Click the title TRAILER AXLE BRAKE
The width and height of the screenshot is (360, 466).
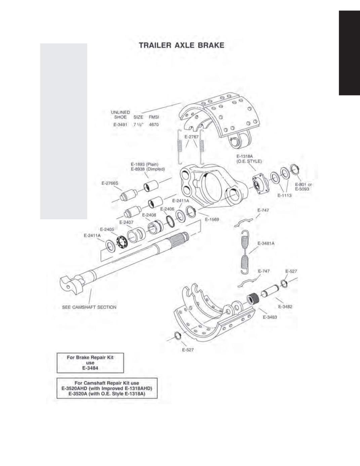click(x=182, y=45)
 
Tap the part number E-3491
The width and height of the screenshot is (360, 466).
click(x=120, y=124)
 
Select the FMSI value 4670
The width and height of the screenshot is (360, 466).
click(x=154, y=124)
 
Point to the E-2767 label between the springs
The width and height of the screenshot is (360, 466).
click(x=192, y=137)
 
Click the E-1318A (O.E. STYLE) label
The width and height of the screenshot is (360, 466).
click(x=249, y=159)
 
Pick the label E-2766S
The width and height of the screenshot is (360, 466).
click(x=110, y=183)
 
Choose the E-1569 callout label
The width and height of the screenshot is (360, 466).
click(x=212, y=219)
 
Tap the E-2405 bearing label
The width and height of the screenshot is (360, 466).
click(x=107, y=229)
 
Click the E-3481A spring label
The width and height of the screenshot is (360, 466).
click(x=266, y=243)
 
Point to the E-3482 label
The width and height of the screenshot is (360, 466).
click(x=285, y=306)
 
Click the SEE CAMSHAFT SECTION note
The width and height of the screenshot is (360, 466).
click(x=89, y=307)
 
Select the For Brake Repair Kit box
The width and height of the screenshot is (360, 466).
click(x=90, y=363)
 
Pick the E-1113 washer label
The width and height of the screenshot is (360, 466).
click(x=284, y=195)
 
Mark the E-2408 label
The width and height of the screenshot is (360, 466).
click(x=149, y=215)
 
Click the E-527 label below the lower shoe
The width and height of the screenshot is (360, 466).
click(x=188, y=350)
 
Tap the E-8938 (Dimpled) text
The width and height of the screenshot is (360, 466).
click(x=148, y=169)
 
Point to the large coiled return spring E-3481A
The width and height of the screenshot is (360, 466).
click(x=245, y=252)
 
